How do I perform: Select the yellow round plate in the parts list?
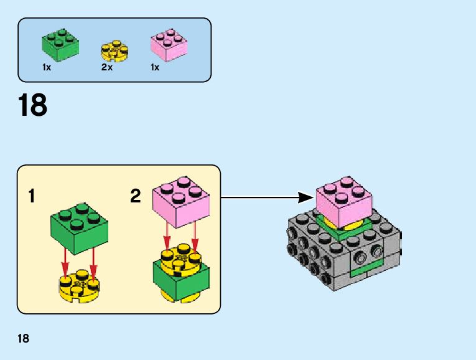click(114, 51)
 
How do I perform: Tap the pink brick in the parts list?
click(169, 45)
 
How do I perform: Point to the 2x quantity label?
click(106, 67)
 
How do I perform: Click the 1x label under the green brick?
click(47, 67)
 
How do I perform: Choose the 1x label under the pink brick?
click(155, 67)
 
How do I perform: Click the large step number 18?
click(33, 106)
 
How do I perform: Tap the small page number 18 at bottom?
click(24, 339)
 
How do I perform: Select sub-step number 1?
click(32, 197)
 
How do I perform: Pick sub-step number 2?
click(136, 197)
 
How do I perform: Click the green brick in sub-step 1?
click(78, 227)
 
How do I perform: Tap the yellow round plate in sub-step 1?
click(78, 285)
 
